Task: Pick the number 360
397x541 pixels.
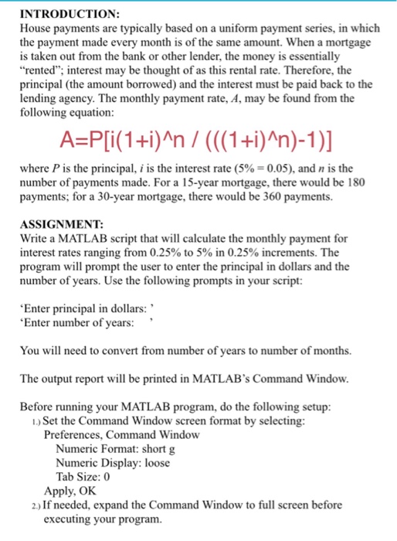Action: (x=267, y=197)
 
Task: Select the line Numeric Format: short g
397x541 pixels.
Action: (x=117, y=448)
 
